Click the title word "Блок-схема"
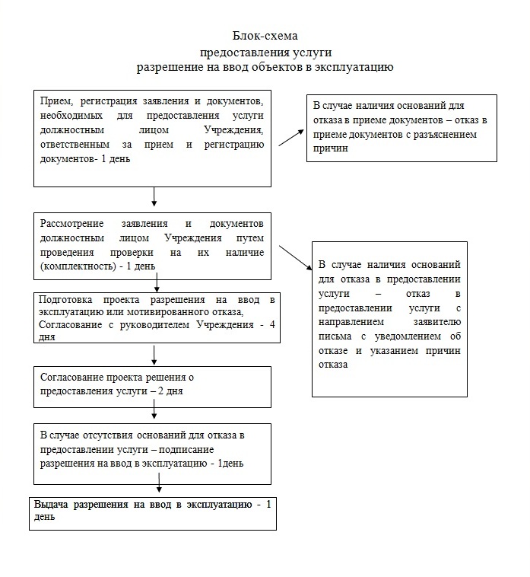click(x=266, y=36)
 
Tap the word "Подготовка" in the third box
click(x=66, y=300)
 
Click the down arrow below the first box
click(x=154, y=196)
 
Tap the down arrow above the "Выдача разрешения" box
click(x=159, y=487)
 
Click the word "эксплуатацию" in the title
click(x=358, y=68)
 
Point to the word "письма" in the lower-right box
click(x=332, y=337)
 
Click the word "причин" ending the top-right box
click(x=328, y=148)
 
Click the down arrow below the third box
click(x=154, y=354)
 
